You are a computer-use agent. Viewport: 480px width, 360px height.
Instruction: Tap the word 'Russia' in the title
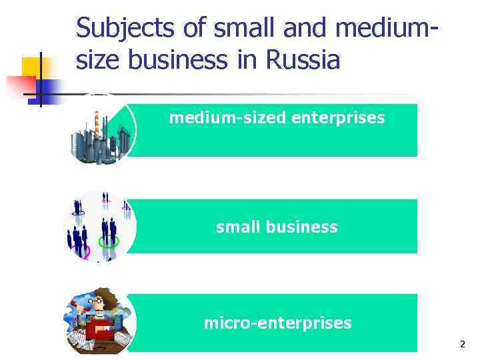303,60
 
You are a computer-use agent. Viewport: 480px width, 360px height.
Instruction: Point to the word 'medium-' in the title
388,29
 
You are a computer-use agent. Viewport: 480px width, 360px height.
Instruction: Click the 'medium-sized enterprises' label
277,118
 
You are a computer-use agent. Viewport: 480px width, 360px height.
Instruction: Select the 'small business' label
277,227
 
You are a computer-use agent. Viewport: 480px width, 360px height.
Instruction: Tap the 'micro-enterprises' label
277,323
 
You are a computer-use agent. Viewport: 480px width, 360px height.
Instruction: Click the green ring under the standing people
109,241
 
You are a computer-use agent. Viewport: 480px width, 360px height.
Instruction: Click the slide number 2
462,344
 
